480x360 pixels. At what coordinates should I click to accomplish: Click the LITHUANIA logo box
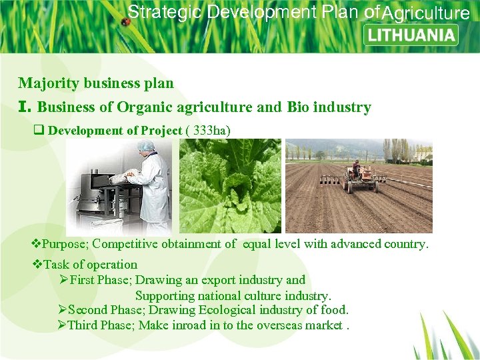(x=411, y=35)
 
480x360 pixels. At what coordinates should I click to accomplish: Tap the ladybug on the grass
(x=125, y=21)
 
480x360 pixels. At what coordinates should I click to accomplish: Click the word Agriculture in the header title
(x=426, y=13)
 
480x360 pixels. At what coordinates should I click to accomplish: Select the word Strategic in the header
(x=165, y=12)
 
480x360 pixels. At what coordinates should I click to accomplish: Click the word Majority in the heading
(x=45, y=83)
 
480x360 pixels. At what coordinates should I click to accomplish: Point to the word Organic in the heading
(x=143, y=107)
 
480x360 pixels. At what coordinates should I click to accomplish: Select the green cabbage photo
(x=227, y=187)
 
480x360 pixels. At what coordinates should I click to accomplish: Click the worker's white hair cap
(x=146, y=145)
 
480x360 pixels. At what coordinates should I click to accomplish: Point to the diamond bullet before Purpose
(x=37, y=244)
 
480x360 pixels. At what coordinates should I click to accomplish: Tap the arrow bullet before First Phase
(x=64, y=280)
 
